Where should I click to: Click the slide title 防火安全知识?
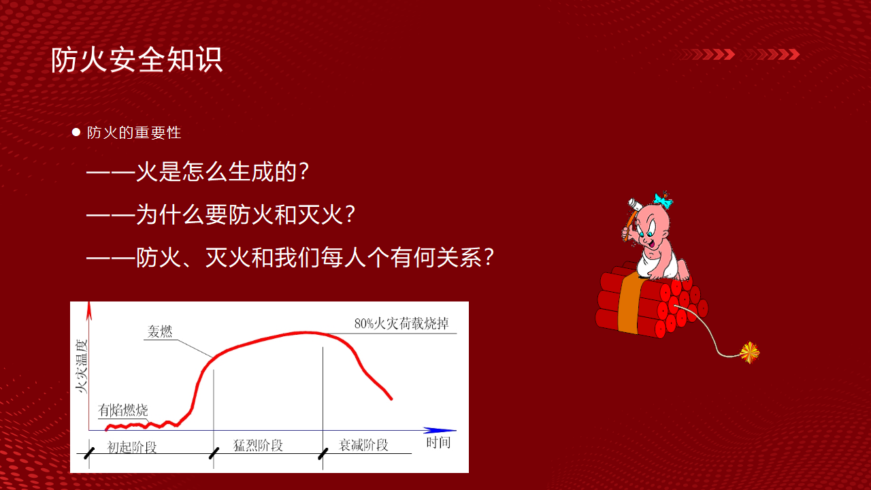[x=137, y=60]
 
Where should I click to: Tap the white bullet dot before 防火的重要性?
[x=76, y=132]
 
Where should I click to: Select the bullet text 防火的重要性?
[x=134, y=133]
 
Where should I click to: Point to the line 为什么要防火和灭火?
[x=220, y=214]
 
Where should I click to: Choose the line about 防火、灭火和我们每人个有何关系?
[x=290, y=257]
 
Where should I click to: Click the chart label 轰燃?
[x=160, y=331]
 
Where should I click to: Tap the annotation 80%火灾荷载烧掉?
[x=401, y=323]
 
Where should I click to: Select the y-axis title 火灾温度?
[x=82, y=366]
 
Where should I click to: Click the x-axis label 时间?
[x=438, y=442]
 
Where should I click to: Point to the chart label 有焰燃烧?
[x=123, y=410]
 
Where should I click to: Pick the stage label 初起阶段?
[x=132, y=447]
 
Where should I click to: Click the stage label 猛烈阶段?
[x=258, y=446]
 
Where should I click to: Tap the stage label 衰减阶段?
[x=363, y=445]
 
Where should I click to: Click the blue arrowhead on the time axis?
[x=440, y=430]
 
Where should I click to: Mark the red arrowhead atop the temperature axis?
[x=89, y=310]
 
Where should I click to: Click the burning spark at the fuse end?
[x=749, y=353]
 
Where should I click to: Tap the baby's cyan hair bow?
[x=663, y=201]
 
